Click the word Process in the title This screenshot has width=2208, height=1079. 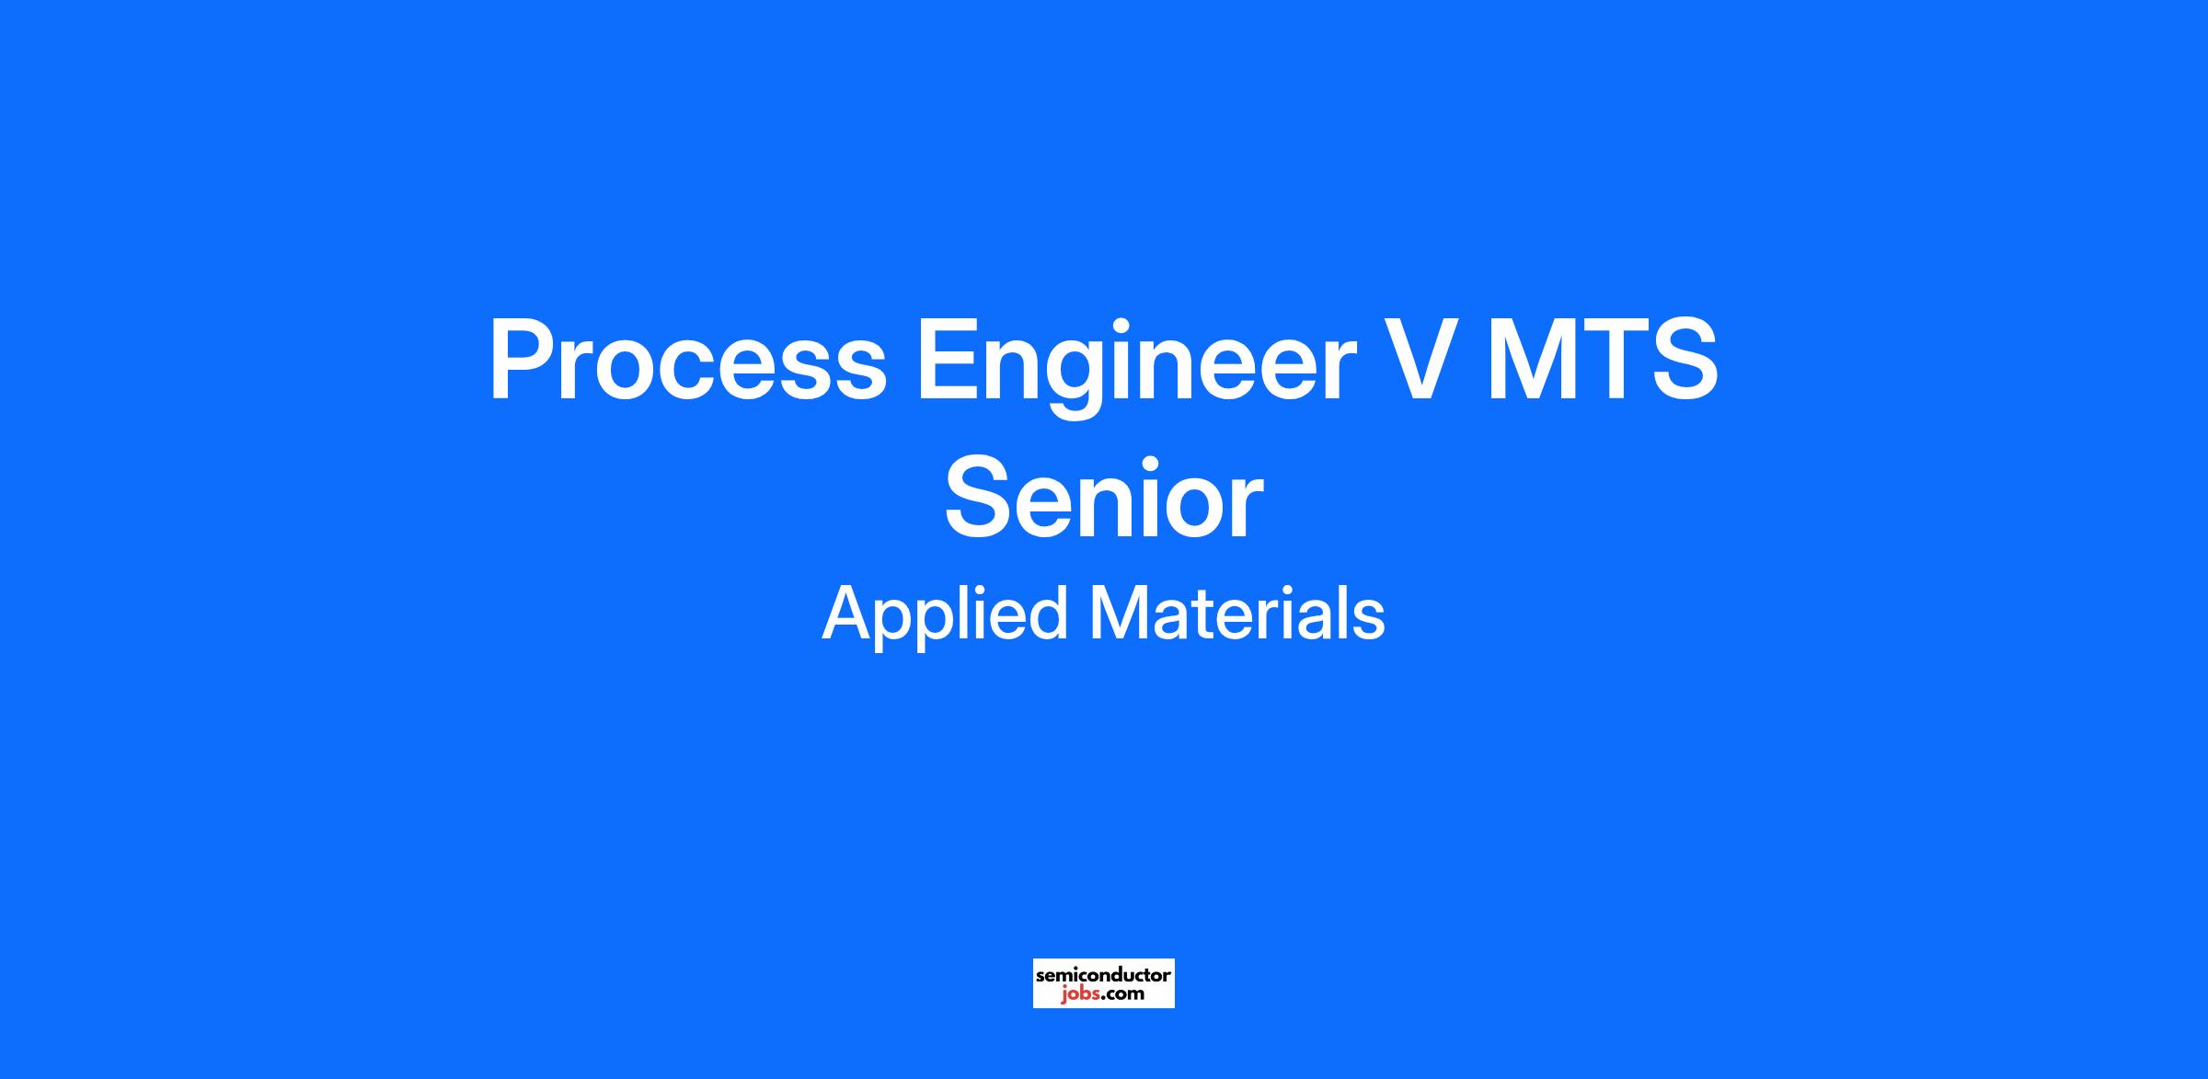tap(687, 359)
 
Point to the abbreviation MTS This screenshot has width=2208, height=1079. tap(1601, 359)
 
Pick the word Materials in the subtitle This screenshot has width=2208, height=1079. tap(1237, 614)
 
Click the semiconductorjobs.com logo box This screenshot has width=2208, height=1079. tap(1104, 983)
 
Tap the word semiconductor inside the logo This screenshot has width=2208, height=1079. tap(1104, 974)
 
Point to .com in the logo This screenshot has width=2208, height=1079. tap(1121, 993)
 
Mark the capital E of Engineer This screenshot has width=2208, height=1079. tap(949, 359)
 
